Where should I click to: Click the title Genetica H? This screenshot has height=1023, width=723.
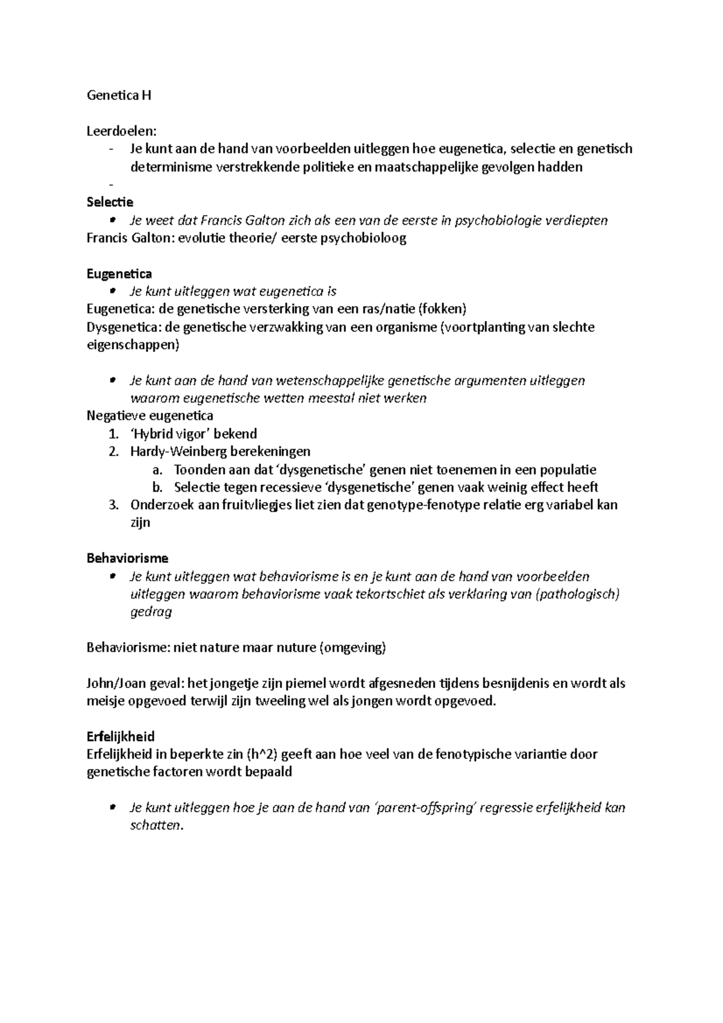pyautogui.click(x=119, y=95)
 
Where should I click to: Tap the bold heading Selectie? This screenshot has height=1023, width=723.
pyautogui.click(x=110, y=202)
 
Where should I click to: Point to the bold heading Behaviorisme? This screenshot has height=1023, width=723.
pyautogui.click(x=127, y=558)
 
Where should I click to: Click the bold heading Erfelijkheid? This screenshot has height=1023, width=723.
pyautogui.click(x=120, y=736)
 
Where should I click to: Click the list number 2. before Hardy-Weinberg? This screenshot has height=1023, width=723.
pyautogui.click(x=114, y=451)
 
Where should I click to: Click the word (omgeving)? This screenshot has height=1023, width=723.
pyautogui.click(x=352, y=648)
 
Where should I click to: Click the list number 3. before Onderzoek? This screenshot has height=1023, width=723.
pyautogui.click(x=114, y=504)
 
